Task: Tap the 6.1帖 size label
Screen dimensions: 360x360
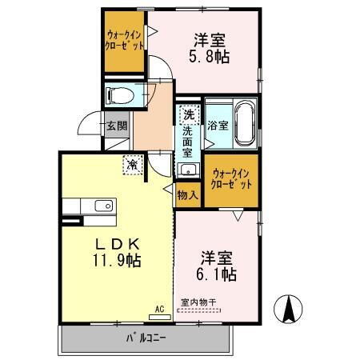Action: pyautogui.click(x=217, y=274)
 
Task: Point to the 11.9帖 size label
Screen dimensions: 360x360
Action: pyautogui.click(x=118, y=260)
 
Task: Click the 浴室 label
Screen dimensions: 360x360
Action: pyautogui.click(x=218, y=126)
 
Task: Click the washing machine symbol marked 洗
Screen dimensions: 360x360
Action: pyautogui.click(x=189, y=114)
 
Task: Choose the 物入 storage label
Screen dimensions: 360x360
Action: pyautogui.click(x=187, y=194)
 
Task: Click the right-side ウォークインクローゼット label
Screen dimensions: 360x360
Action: pyautogui.click(x=231, y=179)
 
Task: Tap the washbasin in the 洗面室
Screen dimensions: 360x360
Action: pyautogui.click(x=189, y=170)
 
